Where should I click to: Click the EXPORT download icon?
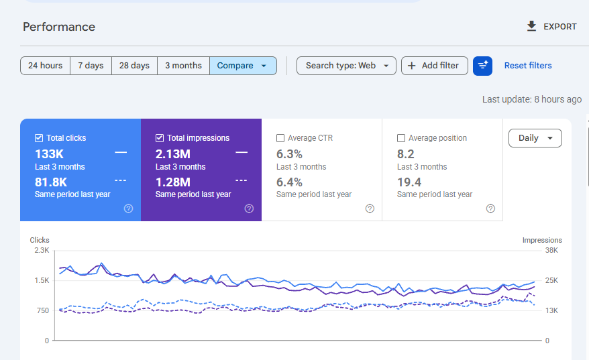click(531, 26)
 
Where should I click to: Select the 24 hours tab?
click(45, 66)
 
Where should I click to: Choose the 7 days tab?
click(91, 66)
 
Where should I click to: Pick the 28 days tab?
click(134, 66)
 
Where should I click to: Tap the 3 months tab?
click(183, 66)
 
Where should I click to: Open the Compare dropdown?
click(243, 66)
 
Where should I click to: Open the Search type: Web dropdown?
click(346, 66)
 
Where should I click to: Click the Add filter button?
click(435, 66)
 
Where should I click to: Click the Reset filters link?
click(528, 66)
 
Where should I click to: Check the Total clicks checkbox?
click(39, 138)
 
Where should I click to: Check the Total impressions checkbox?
click(159, 138)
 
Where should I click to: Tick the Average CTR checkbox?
click(280, 138)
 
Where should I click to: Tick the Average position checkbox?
click(400, 138)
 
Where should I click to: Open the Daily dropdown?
click(535, 138)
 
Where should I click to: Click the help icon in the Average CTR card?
click(370, 208)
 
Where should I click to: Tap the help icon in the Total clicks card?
click(129, 208)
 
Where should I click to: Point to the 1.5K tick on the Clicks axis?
click(42, 280)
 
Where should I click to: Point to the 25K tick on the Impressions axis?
click(551, 280)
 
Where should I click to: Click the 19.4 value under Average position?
click(409, 182)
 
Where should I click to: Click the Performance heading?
click(59, 27)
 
